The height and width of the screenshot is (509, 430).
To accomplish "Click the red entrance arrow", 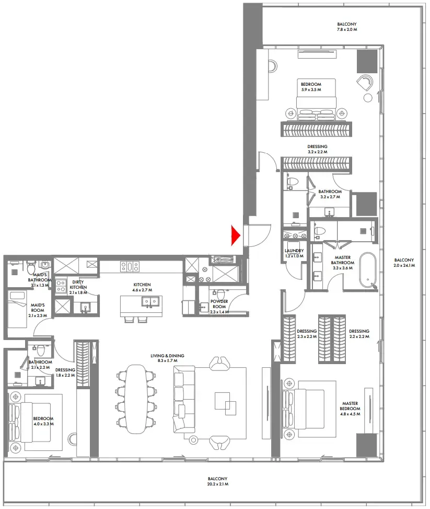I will click(x=235, y=236).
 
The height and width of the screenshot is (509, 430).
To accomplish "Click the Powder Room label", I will click(x=219, y=304).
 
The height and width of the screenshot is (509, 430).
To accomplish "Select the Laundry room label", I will click(x=294, y=253).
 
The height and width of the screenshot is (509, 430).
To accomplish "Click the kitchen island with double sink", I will click(x=141, y=306).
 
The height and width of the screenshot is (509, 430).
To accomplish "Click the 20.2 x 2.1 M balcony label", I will click(x=216, y=482).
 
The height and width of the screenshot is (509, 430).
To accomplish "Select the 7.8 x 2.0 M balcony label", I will click(x=346, y=27).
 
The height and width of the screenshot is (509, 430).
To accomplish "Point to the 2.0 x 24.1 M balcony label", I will click(x=404, y=263).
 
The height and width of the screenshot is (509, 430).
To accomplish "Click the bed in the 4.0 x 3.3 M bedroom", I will click(x=36, y=426).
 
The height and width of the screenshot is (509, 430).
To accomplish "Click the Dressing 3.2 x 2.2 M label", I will click(x=317, y=149).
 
